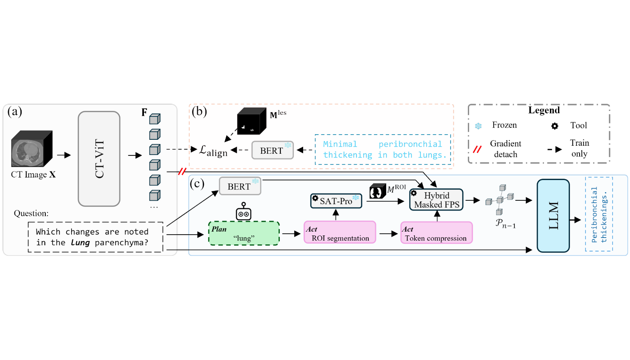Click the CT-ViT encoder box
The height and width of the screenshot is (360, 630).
99,159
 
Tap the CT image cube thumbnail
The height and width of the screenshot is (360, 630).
32,149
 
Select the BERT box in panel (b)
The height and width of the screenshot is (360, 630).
273,150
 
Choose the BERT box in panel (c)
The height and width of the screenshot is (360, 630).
240,186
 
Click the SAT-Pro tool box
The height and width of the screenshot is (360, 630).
336,201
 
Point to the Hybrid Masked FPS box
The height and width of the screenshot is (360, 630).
436,199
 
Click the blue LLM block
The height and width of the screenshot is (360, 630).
553,216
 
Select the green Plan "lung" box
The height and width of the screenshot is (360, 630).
244,233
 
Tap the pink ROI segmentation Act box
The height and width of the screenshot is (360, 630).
340,232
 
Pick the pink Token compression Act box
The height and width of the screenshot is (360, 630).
437,233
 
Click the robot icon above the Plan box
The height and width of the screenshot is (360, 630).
243,211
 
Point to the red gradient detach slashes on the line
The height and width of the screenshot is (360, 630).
182,172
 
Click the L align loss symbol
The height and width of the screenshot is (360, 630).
213,151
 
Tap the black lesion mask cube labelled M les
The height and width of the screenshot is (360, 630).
251,121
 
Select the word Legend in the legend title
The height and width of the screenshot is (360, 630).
544,110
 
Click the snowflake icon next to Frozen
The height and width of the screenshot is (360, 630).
478,126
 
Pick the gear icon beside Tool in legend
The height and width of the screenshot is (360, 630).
555,126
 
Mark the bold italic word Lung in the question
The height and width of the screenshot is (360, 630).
80,242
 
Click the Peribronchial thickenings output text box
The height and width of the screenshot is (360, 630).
599,214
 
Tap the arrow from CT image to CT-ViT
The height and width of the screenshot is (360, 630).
64,155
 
